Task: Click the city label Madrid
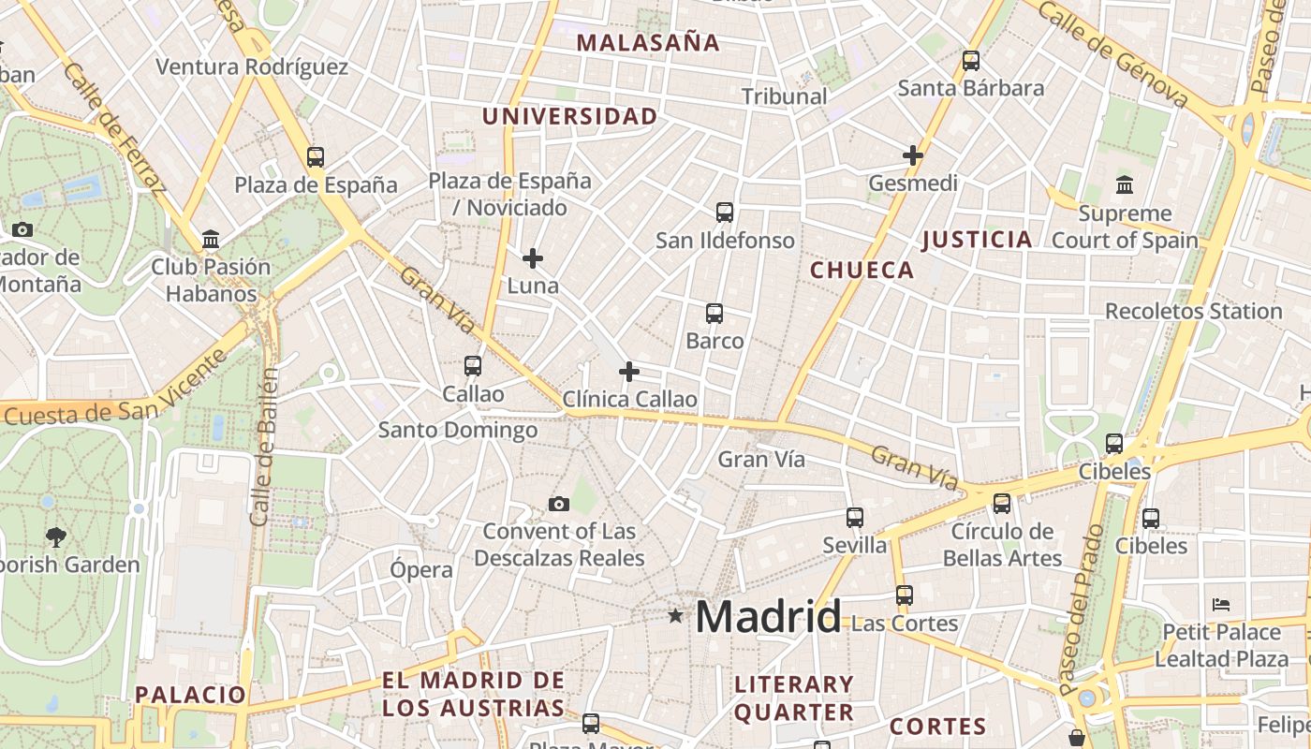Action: click(768, 617)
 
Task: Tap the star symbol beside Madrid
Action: click(675, 616)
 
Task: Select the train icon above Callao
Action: click(473, 366)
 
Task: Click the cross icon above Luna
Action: click(533, 257)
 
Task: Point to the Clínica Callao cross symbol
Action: click(629, 372)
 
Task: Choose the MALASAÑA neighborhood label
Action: click(648, 42)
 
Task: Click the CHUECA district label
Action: click(862, 271)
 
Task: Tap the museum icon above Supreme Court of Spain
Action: click(1125, 184)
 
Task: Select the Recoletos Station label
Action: click(1193, 311)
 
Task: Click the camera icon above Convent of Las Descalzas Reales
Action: click(559, 505)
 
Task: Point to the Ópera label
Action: click(421, 569)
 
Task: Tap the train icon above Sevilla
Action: click(854, 517)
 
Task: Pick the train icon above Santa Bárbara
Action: click(971, 61)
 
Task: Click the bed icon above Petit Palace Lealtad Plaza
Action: click(1220, 604)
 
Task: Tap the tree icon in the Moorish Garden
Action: click(56, 537)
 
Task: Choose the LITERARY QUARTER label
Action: click(793, 698)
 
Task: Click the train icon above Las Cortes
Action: click(904, 595)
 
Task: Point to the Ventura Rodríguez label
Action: click(252, 66)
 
